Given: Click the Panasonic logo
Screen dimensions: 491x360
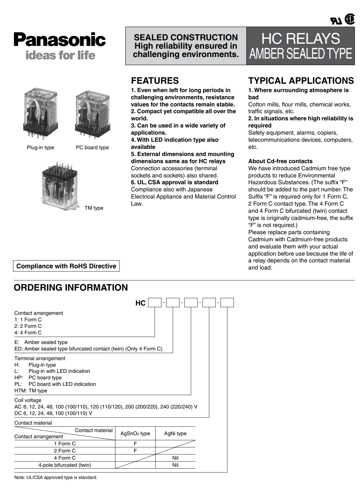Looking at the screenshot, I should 60,40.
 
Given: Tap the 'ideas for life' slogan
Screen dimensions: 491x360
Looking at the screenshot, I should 60,55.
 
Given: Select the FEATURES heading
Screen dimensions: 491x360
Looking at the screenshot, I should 155,81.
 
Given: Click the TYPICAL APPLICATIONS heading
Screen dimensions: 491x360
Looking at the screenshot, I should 301,81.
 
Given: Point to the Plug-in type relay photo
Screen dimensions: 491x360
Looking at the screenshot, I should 40,114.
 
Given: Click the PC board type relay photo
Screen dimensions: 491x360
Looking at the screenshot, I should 92,114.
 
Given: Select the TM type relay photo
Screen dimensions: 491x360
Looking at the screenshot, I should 60,186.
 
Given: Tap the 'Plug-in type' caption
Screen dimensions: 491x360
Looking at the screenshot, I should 41,147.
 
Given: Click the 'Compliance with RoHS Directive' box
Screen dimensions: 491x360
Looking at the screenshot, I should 66,266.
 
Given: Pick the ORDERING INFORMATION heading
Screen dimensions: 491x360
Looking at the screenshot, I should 71,288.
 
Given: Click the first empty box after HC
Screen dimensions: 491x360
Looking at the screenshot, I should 155,302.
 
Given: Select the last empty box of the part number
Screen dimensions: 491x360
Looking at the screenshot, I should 227,302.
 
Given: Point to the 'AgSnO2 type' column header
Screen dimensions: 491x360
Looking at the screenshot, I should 135,433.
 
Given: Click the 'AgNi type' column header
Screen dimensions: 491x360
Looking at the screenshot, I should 175,433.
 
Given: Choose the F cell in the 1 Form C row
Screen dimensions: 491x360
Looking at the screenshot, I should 135,444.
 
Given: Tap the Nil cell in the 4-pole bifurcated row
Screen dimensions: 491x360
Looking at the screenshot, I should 175,465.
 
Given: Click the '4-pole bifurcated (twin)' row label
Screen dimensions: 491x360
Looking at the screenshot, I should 65,465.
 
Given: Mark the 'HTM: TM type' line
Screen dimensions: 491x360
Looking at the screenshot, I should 31,391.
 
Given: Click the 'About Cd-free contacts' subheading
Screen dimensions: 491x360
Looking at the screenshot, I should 280,161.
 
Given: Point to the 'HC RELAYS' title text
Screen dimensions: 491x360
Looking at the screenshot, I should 300,39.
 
